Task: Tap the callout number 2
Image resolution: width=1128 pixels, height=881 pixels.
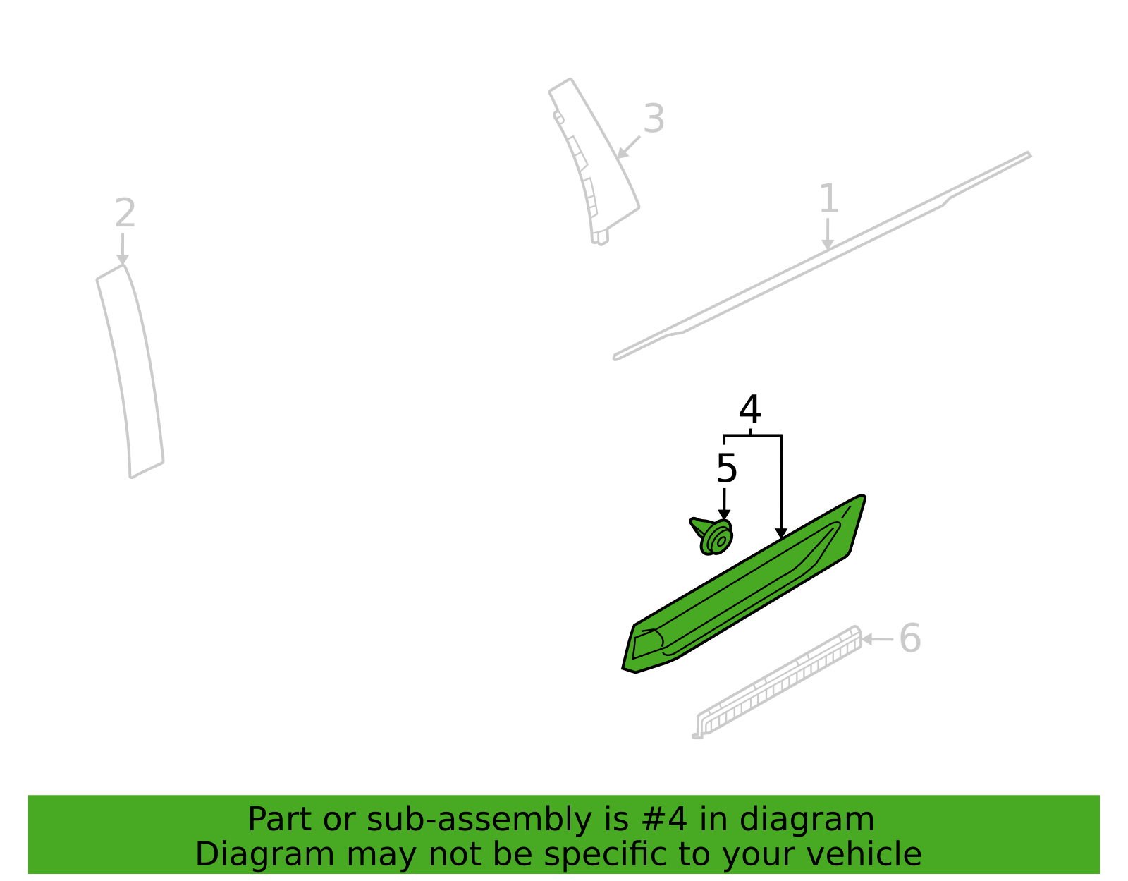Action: click(x=125, y=212)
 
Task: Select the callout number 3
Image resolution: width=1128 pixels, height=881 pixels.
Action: click(x=654, y=119)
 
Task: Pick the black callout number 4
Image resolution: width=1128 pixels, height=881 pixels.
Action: click(x=750, y=409)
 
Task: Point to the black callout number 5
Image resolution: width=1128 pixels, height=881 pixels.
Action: click(x=726, y=468)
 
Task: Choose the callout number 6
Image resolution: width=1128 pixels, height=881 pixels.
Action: click(x=910, y=638)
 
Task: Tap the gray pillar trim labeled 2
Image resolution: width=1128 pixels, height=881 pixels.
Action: click(x=130, y=371)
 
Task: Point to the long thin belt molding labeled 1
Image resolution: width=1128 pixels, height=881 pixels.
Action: click(x=822, y=256)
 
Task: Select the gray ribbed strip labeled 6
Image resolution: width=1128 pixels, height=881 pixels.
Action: click(x=778, y=682)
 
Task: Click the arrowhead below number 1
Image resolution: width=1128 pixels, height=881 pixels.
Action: click(x=828, y=245)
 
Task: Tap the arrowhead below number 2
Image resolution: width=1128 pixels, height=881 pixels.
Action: click(x=123, y=260)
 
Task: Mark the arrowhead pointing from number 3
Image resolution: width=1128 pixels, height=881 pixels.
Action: click(x=622, y=154)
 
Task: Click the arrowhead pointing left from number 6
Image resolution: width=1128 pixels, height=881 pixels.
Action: click(x=866, y=639)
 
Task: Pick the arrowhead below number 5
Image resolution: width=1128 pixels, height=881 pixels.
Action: click(x=724, y=515)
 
